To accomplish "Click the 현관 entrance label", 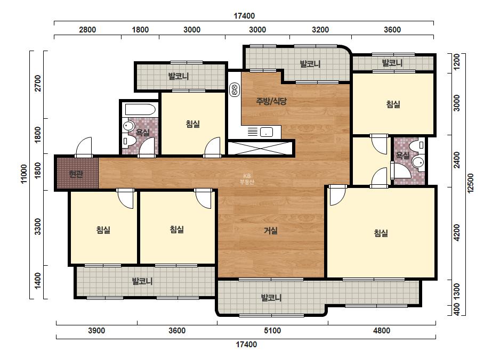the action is [76, 174].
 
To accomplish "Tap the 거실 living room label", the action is [271, 231].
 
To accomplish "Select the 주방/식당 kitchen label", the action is [271, 101].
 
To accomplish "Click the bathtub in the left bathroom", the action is [140, 110].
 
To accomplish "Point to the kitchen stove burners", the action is [234, 90].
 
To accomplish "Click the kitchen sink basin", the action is [266, 132].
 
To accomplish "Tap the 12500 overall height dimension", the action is [471, 183].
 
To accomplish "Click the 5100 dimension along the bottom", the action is [272, 331].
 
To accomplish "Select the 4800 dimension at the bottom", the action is [382, 331].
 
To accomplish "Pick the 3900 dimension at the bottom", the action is [96, 331].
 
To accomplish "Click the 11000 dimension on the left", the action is [24, 174].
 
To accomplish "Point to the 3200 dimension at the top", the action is [320, 30].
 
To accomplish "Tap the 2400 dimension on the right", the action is [457, 160].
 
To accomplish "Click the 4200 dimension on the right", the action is [457, 233].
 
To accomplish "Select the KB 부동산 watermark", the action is [247, 179].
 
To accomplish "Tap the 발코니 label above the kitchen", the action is [310, 64].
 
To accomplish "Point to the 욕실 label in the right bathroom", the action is [402, 156].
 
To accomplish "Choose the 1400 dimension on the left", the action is [38, 281].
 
